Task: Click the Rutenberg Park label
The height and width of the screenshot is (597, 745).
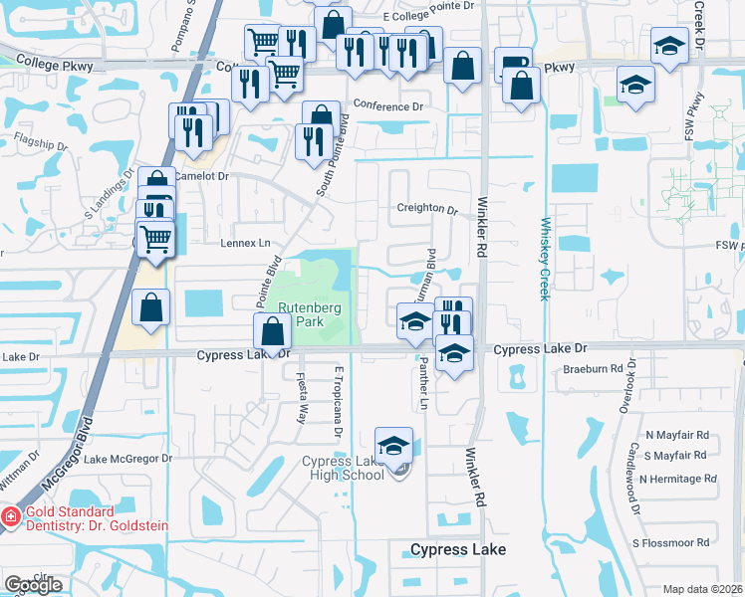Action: [310, 314]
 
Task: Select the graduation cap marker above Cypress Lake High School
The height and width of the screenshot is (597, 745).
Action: [393, 446]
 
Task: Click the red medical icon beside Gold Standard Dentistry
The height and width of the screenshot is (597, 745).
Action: [9, 517]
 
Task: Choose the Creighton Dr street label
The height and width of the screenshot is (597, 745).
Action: [427, 210]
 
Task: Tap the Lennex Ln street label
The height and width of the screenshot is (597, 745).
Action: [245, 243]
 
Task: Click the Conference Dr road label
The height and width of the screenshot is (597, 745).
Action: [387, 106]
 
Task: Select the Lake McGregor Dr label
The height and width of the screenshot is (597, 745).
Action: [127, 459]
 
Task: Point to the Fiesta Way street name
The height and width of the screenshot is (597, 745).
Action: [301, 398]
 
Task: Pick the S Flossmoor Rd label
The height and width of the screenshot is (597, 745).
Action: [674, 543]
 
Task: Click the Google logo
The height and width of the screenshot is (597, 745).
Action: [33, 585]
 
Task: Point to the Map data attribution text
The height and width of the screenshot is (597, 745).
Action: [702, 589]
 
